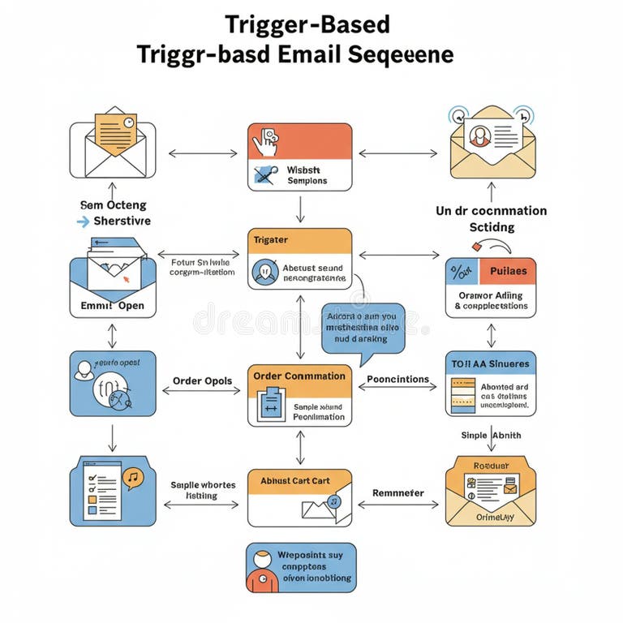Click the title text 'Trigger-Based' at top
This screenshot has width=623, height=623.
(307, 24)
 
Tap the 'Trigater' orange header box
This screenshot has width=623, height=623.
(299, 241)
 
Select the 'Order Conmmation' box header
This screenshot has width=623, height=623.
(299, 376)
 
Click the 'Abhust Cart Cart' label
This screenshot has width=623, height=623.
(295, 481)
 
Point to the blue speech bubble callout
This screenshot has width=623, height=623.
(362, 328)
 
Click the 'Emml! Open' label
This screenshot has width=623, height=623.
(113, 307)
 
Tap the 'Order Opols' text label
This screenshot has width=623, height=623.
(202, 381)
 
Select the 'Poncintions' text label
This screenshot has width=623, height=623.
(397, 379)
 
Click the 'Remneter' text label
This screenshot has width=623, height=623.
(397, 492)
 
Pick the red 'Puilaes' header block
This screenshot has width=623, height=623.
(508, 271)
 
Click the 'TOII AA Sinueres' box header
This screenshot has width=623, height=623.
(490, 364)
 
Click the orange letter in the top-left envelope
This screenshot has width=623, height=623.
(115, 130)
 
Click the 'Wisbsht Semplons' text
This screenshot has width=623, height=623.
(307, 175)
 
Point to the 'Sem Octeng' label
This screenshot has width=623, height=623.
(112, 205)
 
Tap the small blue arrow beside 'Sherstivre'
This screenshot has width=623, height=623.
(82, 221)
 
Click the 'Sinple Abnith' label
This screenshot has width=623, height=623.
(491, 436)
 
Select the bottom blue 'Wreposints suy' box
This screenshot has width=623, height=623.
(300, 567)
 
